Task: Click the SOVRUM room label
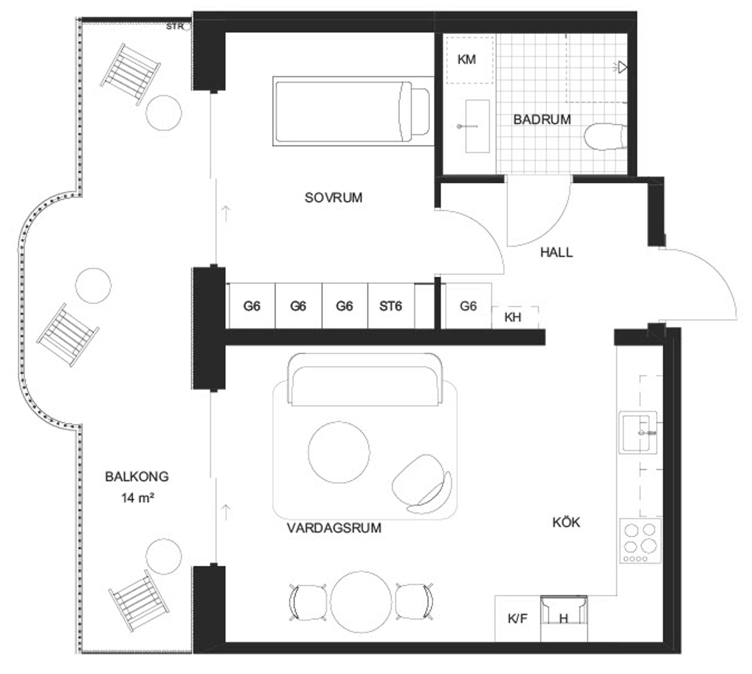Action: [333, 197]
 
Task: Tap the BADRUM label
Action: [542, 119]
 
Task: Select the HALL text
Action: [557, 252]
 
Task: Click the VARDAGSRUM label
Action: [334, 528]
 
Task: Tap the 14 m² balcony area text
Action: [137, 498]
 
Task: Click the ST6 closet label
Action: [391, 306]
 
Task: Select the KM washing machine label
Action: [467, 59]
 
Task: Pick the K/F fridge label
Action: [517, 618]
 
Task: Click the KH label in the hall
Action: [513, 317]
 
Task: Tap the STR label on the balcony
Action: [175, 27]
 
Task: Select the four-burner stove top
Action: [640, 541]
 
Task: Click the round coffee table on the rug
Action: [339, 452]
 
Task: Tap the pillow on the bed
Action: [420, 111]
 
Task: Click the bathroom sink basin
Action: [477, 126]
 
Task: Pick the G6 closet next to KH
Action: [468, 306]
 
